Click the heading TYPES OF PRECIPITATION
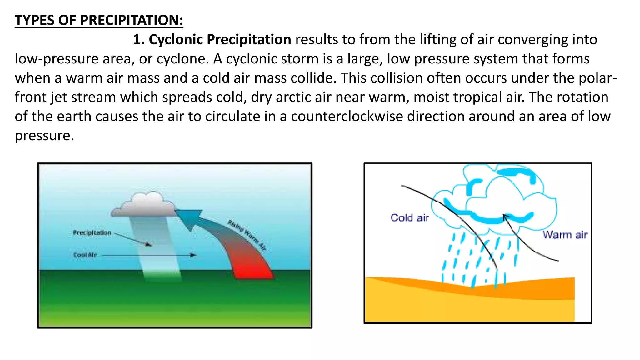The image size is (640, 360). point(99,20)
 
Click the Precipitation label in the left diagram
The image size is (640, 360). point(92,233)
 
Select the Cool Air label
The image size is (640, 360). point(85,255)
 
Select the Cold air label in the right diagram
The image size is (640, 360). point(409,218)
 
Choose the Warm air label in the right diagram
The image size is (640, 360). point(565,235)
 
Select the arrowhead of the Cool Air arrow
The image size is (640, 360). point(194,255)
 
